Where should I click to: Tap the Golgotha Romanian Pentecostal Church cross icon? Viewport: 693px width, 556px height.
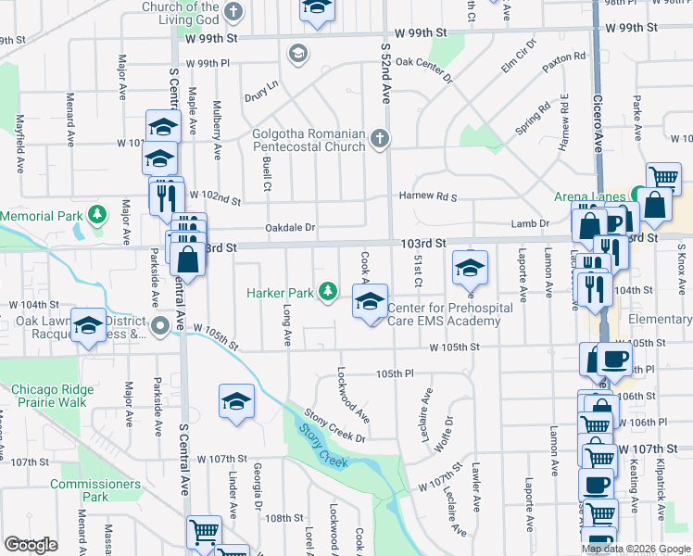click(x=379, y=140)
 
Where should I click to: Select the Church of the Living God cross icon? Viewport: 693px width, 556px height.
click(x=233, y=12)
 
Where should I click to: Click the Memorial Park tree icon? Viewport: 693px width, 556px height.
click(x=97, y=216)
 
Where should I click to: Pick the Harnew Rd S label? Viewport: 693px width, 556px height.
click(x=428, y=196)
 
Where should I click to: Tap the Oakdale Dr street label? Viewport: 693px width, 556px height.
click(x=290, y=227)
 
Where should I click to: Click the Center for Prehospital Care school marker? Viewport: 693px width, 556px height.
click(x=370, y=302)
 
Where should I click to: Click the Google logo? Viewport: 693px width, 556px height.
click(x=31, y=545)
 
